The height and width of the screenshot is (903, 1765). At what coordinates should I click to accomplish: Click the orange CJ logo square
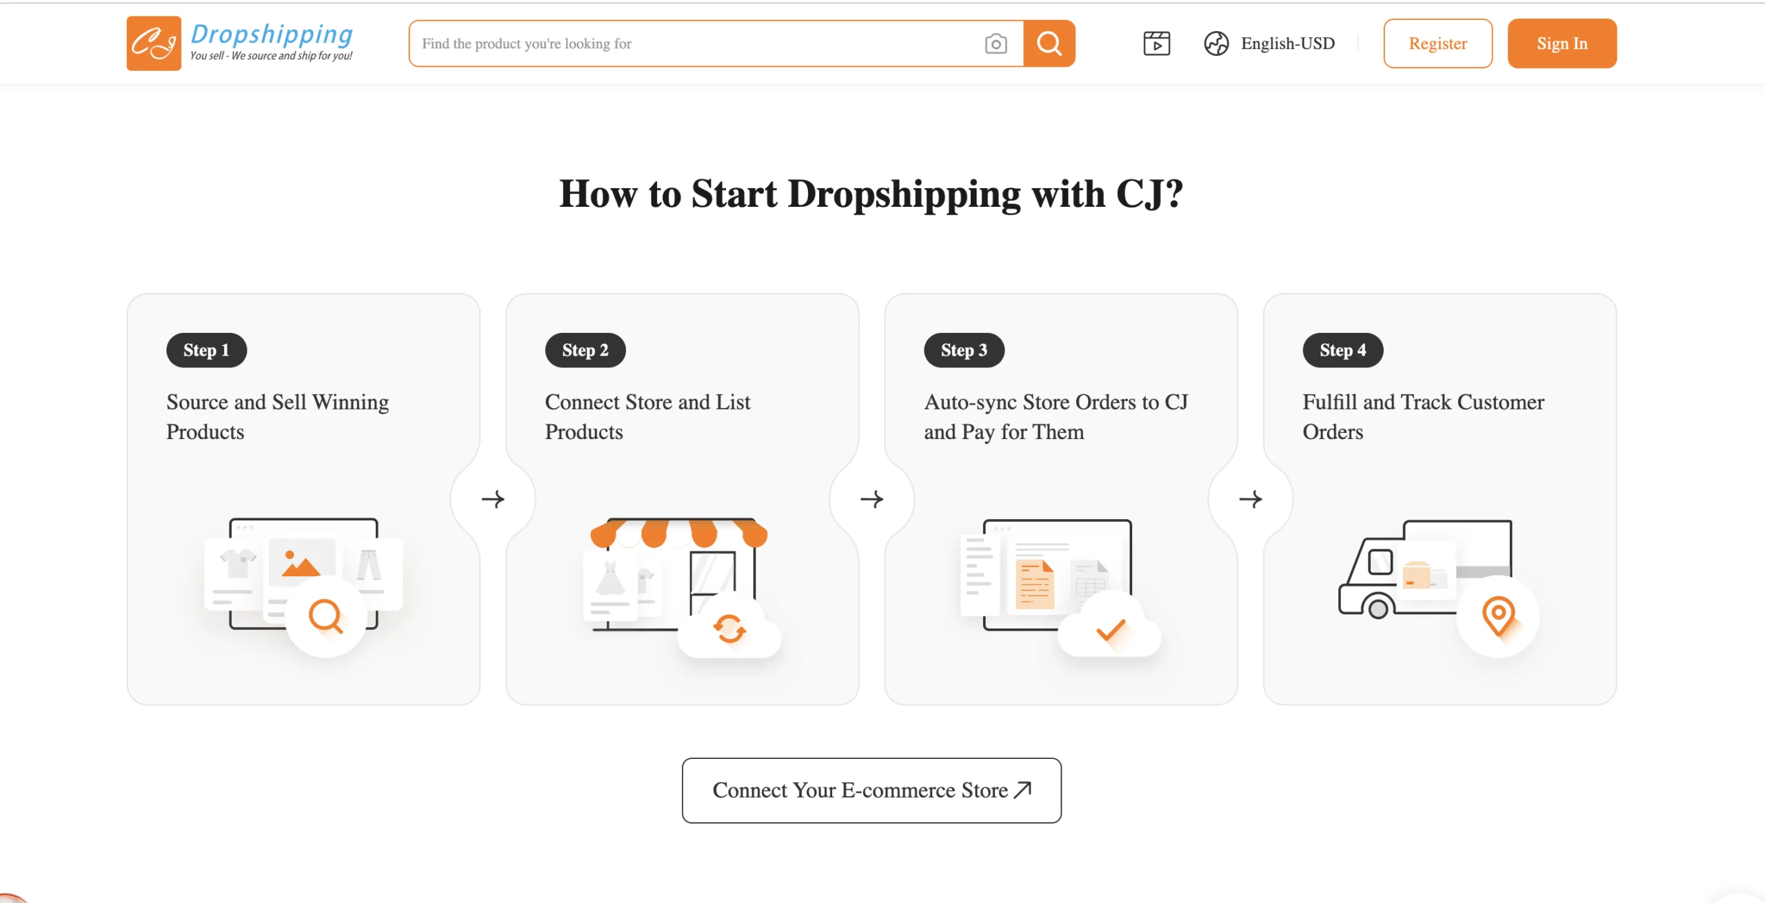(154, 43)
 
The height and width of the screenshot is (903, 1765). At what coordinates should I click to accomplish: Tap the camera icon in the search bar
(996, 44)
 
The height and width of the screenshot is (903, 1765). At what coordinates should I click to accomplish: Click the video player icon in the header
(1156, 43)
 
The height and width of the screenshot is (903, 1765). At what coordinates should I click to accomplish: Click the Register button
(1438, 43)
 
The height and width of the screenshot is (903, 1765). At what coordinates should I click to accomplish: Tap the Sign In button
(1562, 43)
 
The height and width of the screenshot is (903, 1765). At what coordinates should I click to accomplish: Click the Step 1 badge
(206, 350)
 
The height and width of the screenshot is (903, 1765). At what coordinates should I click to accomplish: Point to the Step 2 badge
(585, 350)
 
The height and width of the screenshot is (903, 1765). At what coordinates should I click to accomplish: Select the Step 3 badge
(964, 350)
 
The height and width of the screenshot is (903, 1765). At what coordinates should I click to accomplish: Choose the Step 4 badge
(1342, 350)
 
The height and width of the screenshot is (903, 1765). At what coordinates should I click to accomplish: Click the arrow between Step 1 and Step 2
(493, 499)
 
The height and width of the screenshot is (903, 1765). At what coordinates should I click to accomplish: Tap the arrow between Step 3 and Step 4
(1251, 499)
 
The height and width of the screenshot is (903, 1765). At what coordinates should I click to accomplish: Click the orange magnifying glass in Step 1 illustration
(325, 616)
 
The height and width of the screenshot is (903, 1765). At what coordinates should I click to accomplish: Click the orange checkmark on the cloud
(1110, 629)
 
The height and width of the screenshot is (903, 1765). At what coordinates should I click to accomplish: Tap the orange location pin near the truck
(1498, 616)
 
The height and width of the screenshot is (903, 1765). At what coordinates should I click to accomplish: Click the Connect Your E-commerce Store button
(871, 791)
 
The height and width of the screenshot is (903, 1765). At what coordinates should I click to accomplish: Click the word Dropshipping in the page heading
(904, 194)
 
